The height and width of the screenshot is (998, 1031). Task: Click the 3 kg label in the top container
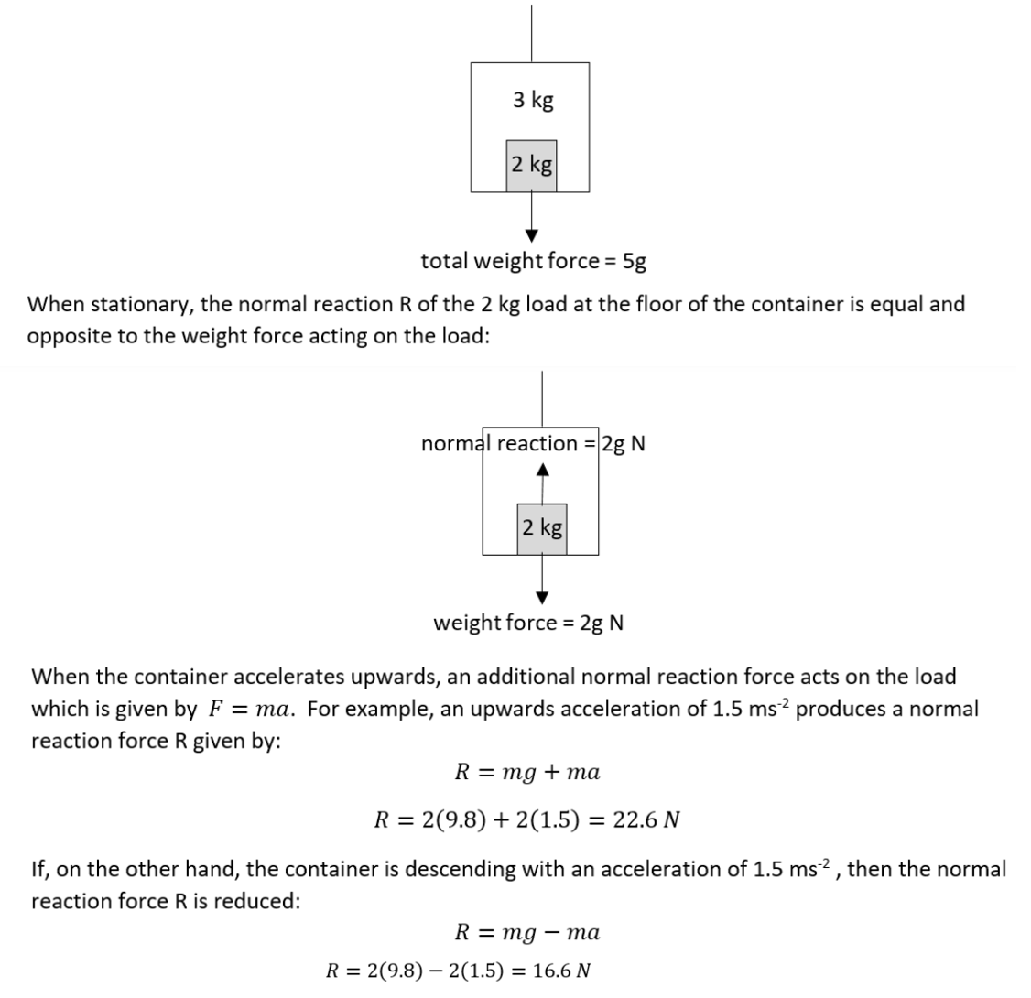(x=533, y=100)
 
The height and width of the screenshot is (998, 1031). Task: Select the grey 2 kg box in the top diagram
(x=531, y=166)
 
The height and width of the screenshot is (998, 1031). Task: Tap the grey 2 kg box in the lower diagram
(x=542, y=529)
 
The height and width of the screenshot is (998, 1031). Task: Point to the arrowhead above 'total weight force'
(x=532, y=235)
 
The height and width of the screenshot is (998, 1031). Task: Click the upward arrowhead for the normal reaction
(x=542, y=470)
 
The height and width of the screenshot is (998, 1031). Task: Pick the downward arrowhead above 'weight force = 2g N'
(x=542, y=598)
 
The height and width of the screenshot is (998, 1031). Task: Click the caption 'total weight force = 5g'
(x=533, y=261)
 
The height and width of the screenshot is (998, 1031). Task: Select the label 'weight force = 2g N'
(x=528, y=623)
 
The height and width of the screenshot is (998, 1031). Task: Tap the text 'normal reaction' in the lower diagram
(x=499, y=444)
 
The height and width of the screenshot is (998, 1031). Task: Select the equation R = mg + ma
(x=527, y=771)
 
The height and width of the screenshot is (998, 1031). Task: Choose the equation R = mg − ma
(x=527, y=932)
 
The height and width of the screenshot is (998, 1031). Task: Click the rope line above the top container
(x=531, y=34)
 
